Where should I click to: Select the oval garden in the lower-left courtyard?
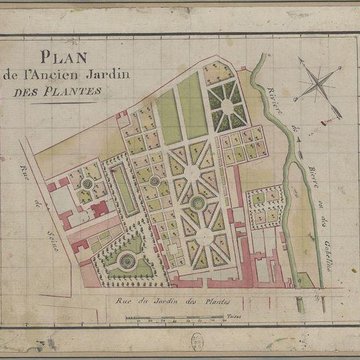coord(127,261)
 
